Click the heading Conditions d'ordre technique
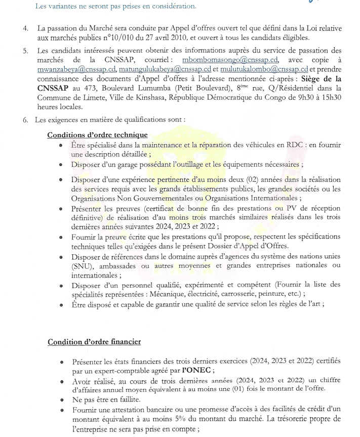tap(98, 135)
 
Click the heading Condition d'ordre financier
tap(94, 342)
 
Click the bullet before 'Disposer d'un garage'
tap(61, 165)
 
